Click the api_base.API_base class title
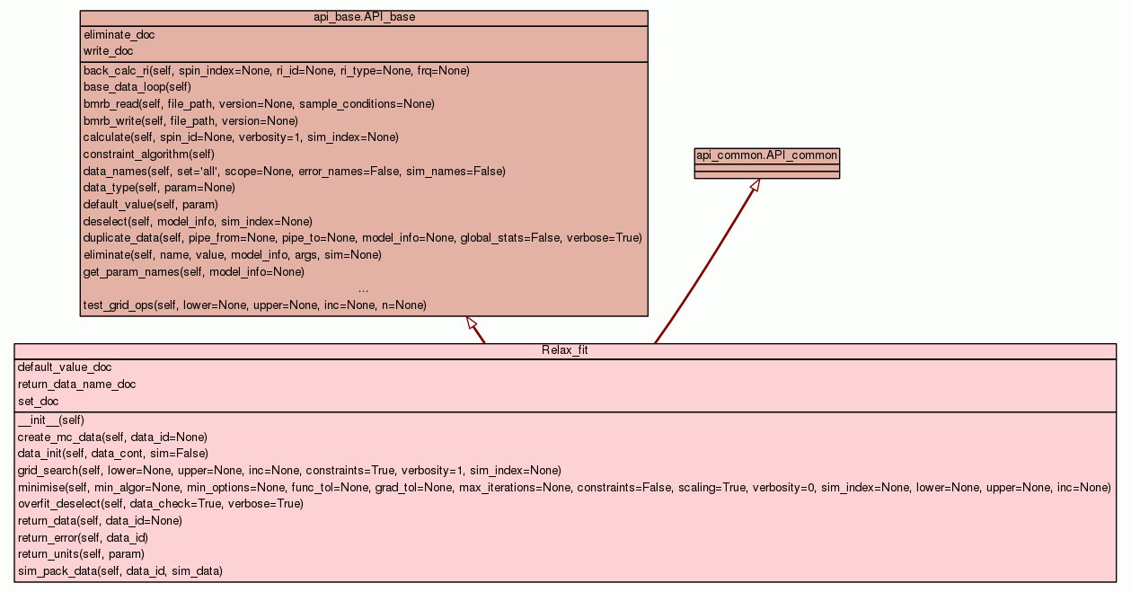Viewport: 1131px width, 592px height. (x=364, y=17)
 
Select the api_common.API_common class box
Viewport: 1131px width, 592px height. (x=766, y=163)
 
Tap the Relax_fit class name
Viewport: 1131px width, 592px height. (x=564, y=350)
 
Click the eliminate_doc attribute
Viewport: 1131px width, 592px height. (x=119, y=34)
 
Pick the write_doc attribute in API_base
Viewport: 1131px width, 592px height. (x=108, y=51)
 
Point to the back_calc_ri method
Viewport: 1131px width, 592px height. (x=276, y=70)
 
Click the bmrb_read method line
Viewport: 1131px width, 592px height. (x=259, y=104)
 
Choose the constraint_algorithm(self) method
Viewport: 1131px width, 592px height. (x=148, y=155)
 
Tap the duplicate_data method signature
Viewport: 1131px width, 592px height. (x=362, y=238)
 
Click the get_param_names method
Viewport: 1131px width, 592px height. (x=193, y=271)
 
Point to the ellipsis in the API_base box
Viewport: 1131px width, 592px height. (x=363, y=288)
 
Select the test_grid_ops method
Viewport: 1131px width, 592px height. (x=254, y=305)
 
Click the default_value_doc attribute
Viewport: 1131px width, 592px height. (x=65, y=367)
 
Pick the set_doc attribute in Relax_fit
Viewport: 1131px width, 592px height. (x=38, y=402)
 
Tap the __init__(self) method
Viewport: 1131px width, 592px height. (x=51, y=420)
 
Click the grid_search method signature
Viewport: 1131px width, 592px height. (x=289, y=470)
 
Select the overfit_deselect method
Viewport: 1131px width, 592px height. (x=160, y=504)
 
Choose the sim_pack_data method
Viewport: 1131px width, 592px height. (x=119, y=570)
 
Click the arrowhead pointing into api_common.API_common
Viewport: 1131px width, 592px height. (x=755, y=185)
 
